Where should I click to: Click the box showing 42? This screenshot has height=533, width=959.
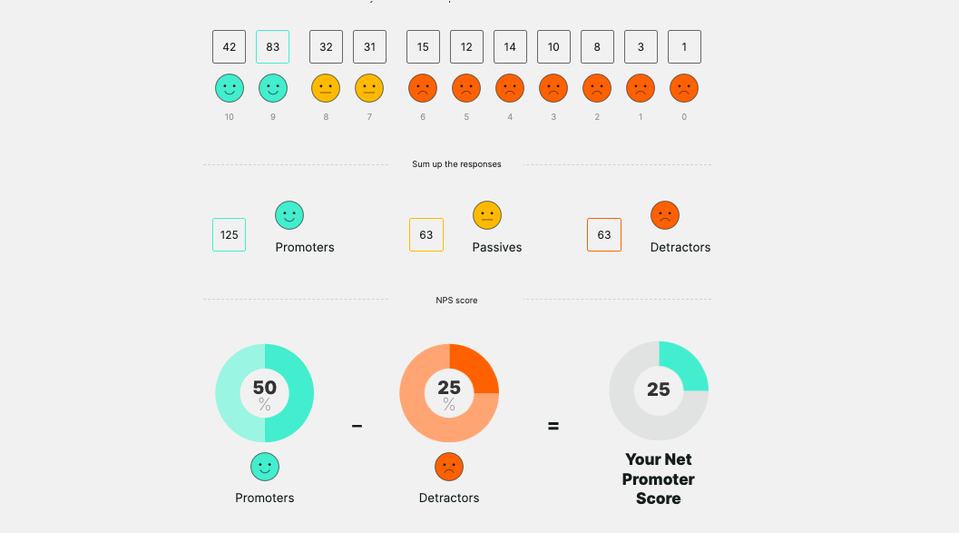coord(229,47)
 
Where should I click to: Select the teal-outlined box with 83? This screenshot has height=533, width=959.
coord(272,47)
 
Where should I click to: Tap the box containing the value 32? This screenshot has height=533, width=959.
coord(326,47)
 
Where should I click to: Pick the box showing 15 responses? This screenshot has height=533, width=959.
coord(423,47)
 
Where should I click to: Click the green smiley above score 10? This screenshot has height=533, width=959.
coord(229,88)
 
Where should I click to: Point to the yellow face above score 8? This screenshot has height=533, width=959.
coord(326,88)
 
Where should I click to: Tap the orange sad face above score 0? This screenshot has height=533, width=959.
coord(684,88)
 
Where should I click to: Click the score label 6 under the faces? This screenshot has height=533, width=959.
coord(423,117)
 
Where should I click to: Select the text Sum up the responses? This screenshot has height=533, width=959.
coord(456,164)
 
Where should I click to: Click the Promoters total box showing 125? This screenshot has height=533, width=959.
coord(229,235)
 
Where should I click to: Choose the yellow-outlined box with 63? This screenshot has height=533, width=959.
coord(426,235)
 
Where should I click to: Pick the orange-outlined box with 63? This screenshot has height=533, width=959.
coord(604,235)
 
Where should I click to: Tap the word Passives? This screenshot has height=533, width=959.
coord(497,247)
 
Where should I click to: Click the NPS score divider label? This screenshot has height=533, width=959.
coord(456,300)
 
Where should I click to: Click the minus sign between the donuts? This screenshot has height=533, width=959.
coord(357,425)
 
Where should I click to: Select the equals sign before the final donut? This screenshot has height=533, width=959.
coord(553,425)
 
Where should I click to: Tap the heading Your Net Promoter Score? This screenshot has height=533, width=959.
coord(659,479)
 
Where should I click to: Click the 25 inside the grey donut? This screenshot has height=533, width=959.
coord(659,390)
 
